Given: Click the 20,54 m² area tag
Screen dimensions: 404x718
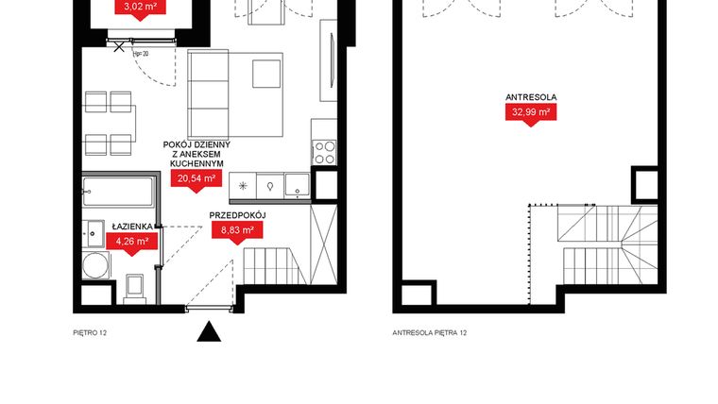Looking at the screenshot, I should pos(194,178).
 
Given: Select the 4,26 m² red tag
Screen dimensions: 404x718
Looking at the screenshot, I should pos(131,242).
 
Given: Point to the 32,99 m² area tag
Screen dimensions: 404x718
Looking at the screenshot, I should pos(530,112).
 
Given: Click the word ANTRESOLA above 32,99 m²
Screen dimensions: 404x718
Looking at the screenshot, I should pos(529,94).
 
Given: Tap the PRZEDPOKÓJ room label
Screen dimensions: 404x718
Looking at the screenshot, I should pos(237,215).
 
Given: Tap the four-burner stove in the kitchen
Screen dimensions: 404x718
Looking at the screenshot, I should pos(324,152).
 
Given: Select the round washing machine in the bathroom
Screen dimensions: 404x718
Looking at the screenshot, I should pos(94,265).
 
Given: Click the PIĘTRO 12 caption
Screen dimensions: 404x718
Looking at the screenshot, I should pos(91,333).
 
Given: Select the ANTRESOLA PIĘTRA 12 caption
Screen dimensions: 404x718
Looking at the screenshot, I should pos(430,333).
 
